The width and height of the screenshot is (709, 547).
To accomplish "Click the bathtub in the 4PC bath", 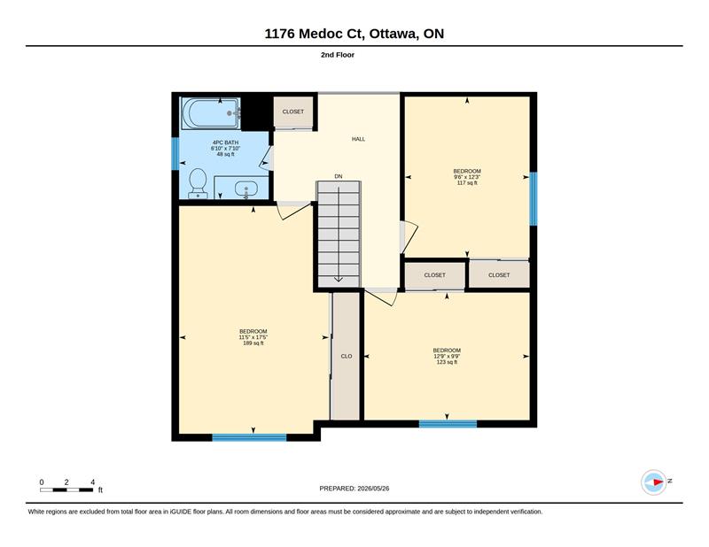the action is click(x=211, y=114).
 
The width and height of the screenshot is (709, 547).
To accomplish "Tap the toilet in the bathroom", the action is click(x=198, y=183).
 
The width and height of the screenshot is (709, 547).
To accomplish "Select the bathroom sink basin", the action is click(x=246, y=189).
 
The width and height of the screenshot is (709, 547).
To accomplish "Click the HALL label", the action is click(x=359, y=139).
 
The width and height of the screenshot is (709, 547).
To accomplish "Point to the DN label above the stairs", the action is click(x=339, y=177).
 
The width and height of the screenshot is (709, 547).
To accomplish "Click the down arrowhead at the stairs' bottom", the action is click(x=339, y=279).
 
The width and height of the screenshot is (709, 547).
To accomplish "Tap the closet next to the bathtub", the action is click(x=293, y=112).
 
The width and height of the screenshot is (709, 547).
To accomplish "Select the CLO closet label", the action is click(x=347, y=357).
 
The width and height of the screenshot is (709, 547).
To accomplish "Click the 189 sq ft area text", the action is click(x=253, y=343).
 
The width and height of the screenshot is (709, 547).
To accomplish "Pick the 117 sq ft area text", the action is click(x=467, y=183).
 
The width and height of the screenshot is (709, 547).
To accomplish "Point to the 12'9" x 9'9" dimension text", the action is click(x=447, y=356).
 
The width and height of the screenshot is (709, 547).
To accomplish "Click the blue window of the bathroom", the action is click(x=175, y=154).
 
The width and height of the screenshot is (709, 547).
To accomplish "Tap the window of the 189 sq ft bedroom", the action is click(x=249, y=437).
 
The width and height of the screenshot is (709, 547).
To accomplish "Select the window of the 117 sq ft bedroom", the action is click(x=534, y=199).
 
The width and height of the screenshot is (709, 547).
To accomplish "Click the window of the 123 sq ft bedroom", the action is click(x=448, y=424).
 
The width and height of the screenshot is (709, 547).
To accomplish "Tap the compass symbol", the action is click(x=654, y=482).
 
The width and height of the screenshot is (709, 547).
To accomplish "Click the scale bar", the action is click(x=66, y=490).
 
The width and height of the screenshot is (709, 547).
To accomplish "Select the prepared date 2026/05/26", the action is click(x=373, y=489).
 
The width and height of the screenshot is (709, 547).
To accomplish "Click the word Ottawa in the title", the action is click(x=393, y=34).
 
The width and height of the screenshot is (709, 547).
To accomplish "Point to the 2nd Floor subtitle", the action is click(x=338, y=55).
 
